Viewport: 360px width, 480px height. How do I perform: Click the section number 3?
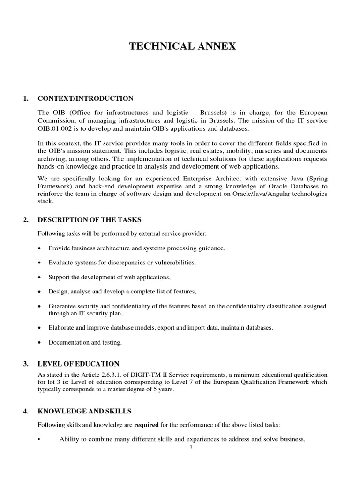coord(26,364)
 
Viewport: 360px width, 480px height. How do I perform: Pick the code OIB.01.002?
coord(58,129)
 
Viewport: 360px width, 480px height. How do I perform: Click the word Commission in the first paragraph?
coord(57,121)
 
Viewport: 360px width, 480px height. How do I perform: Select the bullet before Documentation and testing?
coord(38,343)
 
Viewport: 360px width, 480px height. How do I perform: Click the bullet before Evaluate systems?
coord(38,262)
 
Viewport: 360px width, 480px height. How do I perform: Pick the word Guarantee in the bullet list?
coord(63,306)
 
